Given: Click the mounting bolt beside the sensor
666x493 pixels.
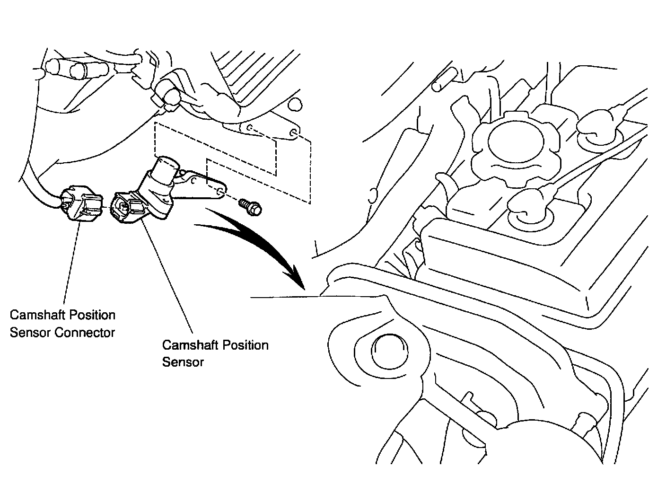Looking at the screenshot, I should (251, 206).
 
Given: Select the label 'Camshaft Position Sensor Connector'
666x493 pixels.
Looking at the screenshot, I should (62, 324).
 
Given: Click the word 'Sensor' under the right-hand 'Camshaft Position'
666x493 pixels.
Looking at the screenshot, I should (183, 362).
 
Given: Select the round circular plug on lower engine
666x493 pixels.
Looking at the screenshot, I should (389, 353).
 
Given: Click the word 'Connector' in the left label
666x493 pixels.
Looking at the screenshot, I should (85, 332).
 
